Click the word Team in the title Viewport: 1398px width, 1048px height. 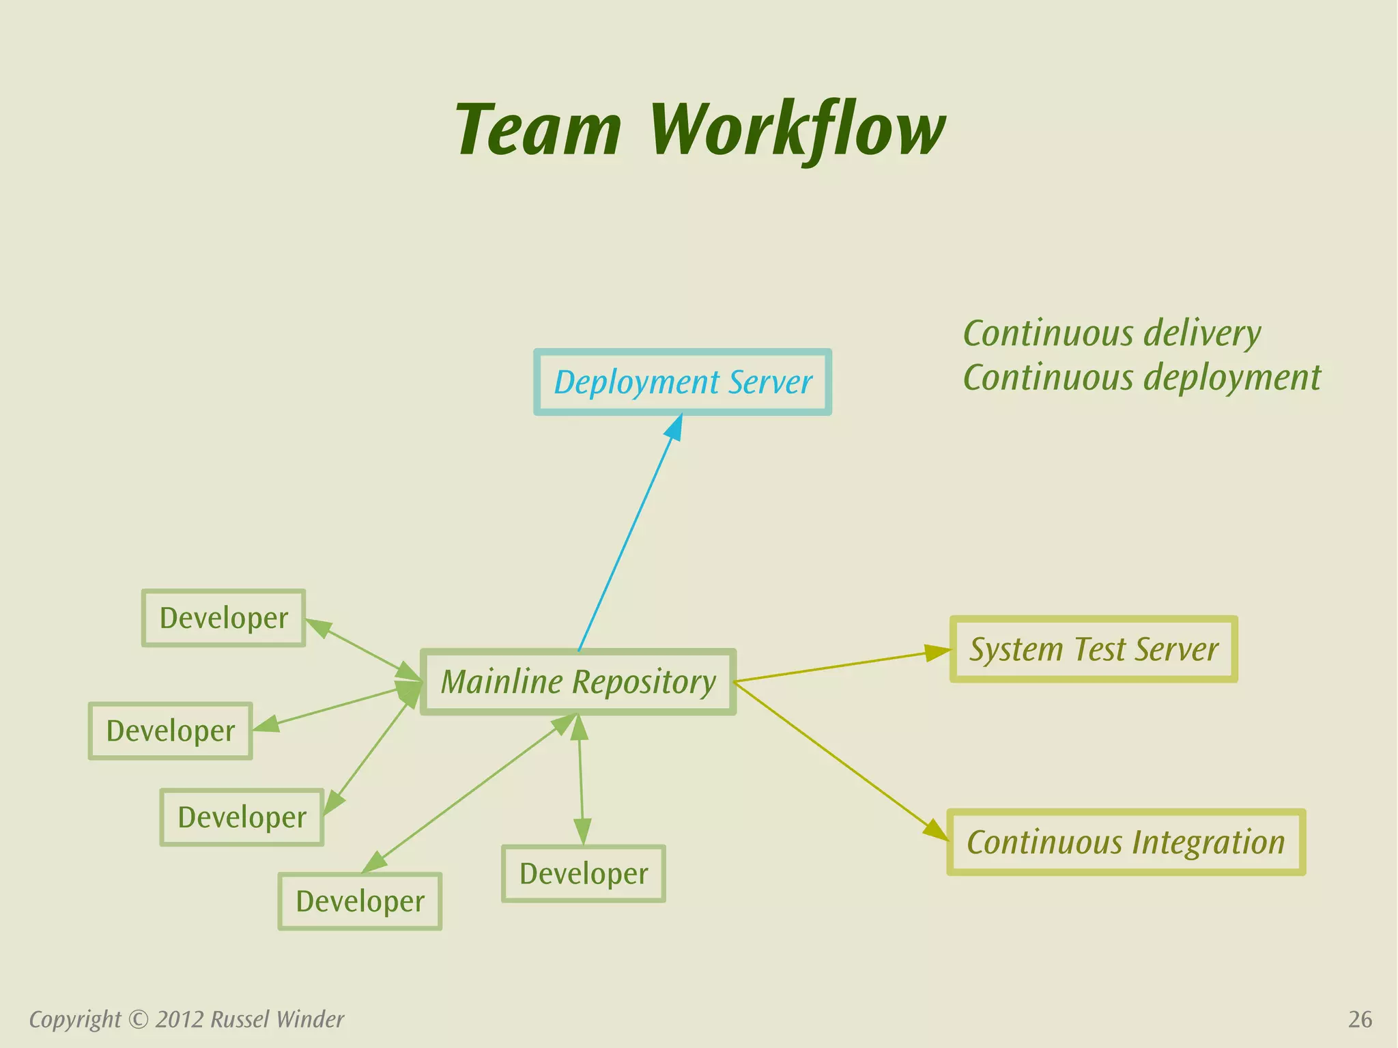[x=538, y=130]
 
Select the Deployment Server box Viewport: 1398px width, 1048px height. [x=682, y=382]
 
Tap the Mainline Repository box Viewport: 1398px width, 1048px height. [x=578, y=682]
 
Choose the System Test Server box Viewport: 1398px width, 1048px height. [x=1094, y=649]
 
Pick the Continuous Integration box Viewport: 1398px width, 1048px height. [x=1126, y=842]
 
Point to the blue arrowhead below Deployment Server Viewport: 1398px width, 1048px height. [x=674, y=428]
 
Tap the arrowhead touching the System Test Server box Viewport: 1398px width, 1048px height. [x=937, y=652]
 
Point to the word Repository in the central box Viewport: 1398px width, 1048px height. [x=644, y=682]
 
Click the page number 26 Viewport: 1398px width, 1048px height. [x=1360, y=1019]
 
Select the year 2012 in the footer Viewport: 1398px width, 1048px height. [x=180, y=1019]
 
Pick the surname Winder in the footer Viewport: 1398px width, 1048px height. [x=310, y=1019]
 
